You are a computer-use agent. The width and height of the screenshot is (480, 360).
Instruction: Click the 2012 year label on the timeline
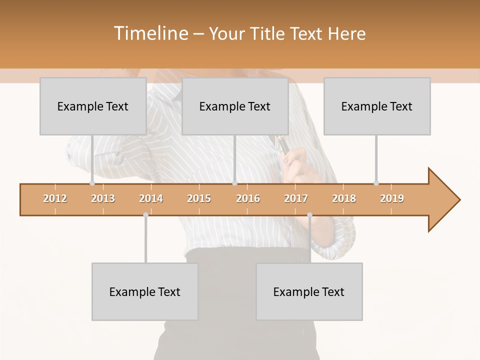tap(55, 198)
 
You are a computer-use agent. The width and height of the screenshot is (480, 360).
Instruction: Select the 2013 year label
tap(103, 198)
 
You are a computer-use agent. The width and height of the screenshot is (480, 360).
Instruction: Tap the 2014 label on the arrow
tap(151, 198)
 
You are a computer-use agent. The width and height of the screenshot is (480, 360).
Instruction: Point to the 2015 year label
tap(199, 198)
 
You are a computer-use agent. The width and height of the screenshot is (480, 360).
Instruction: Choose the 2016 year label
tap(248, 198)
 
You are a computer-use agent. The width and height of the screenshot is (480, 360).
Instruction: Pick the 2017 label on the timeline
tap(296, 198)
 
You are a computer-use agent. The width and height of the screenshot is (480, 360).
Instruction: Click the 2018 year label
tap(344, 198)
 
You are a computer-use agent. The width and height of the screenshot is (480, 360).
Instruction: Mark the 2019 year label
tap(392, 198)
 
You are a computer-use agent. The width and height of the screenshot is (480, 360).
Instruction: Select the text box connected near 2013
tap(93, 106)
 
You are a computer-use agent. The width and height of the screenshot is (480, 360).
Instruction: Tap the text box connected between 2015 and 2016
tap(235, 106)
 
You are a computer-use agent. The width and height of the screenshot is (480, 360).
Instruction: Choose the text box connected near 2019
tap(377, 106)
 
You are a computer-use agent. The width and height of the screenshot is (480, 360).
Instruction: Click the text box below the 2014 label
tap(145, 291)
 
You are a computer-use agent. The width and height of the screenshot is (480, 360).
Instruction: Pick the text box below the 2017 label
tap(309, 291)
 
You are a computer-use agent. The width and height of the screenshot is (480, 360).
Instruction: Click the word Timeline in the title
tap(150, 33)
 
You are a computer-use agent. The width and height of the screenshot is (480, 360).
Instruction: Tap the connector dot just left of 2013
tap(92, 183)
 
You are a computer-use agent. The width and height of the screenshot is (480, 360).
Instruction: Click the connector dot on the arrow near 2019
tap(376, 183)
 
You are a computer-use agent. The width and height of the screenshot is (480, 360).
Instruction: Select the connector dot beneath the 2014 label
tap(145, 214)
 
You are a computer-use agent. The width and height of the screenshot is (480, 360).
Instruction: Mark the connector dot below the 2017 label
tap(309, 214)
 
